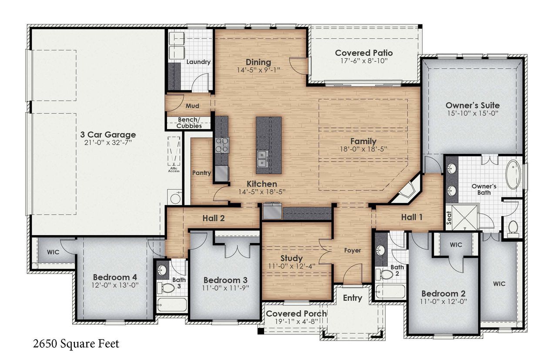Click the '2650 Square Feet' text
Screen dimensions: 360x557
pyautogui.click(x=76, y=343)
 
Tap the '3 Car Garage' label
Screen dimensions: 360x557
pyautogui.click(x=108, y=135)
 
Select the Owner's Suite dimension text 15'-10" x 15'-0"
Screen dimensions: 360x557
pyautogui.click(x=472, y=113)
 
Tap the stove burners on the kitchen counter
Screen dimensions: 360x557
pyautogui.click(x=221, y=145)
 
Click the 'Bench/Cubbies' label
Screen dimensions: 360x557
pyautogui.click(x=189, y=123)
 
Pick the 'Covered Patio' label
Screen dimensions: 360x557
pyautogui.click(x=364, y=53)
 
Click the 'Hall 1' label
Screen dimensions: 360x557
pyautogui.click(x=412, y=217)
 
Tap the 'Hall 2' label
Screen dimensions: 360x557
pyautogui.click(x=213, y=218)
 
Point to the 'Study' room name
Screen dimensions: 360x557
pyautogui.click(x=291, y=258)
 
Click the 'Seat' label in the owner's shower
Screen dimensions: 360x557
pyautogui.click(x=449, y=217)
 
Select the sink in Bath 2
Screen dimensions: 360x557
pyautogui.click(x=382, y=251)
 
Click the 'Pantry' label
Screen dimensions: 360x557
pyautogui.click(x=201, y=173)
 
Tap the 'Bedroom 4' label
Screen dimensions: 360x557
pyautogui.click(x=111, y=277)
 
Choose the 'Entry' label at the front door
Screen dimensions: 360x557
pyautogui.click(x=352, y=298)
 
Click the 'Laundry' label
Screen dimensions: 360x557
pyautogui.click(x=198, y=62)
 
